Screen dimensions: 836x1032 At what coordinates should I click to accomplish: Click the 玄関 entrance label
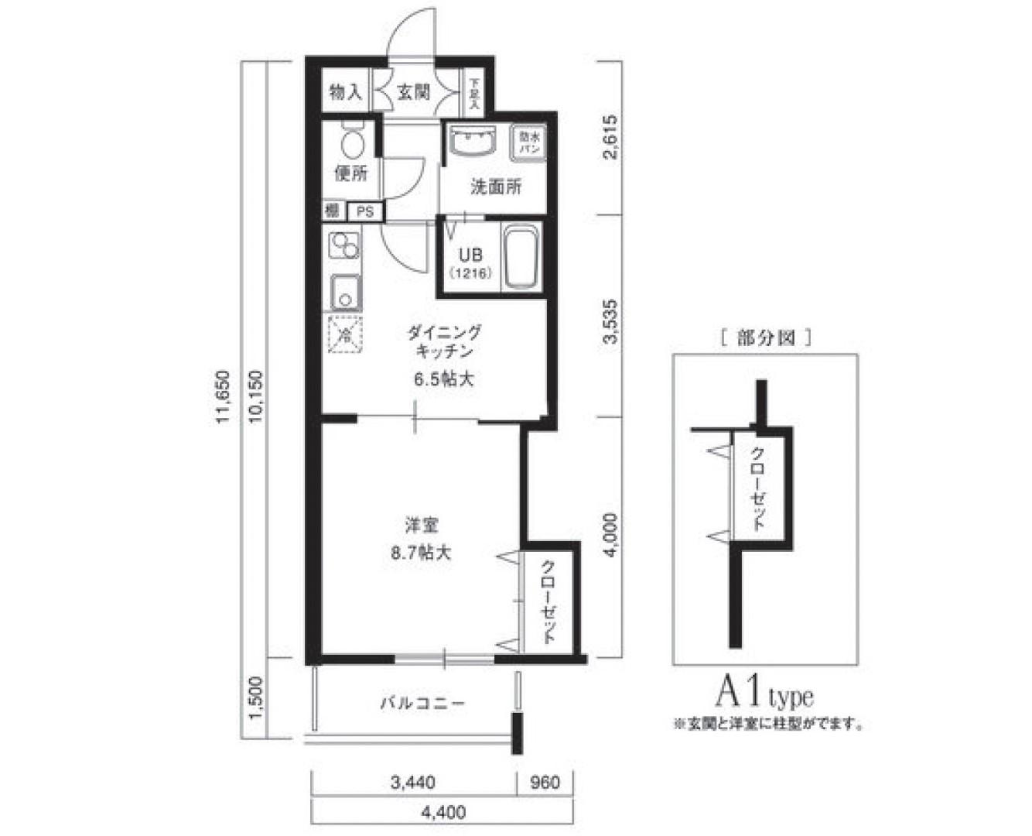[x=414, y=92]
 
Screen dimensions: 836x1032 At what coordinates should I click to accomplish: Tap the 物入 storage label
[x=345, y=92]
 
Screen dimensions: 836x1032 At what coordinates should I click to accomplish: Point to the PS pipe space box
[x=364, y=211]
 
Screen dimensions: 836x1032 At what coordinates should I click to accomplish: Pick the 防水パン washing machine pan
[x=530, y=142]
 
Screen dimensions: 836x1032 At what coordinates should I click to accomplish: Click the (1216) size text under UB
[x=470, y=272]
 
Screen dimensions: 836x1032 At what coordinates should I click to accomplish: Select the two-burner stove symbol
[x=343, y=245]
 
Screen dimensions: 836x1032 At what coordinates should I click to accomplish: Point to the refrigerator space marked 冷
[x=344, y=335]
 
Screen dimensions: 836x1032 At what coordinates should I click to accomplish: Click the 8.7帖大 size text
[x=422, y=553]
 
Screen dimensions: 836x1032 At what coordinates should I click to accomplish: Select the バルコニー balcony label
[x=422, y=704]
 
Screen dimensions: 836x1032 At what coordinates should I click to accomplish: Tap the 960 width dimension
[x=545, y=783]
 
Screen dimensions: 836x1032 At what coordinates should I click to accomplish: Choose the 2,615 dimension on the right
[x=610, y=138]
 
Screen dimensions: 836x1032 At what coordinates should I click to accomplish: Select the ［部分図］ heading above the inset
[x=764, y=337]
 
